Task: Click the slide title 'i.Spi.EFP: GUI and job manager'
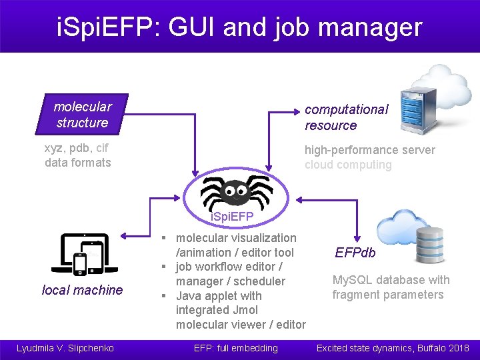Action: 239,27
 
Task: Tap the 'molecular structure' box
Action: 82,115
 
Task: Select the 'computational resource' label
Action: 346,117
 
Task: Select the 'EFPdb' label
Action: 355,253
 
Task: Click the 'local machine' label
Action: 82,290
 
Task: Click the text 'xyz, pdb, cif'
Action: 76,148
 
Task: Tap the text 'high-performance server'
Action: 369,150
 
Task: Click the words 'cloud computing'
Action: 348,165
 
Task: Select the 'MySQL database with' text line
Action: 391,280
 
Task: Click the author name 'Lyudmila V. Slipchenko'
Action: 65,348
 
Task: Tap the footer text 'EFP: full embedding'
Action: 235,348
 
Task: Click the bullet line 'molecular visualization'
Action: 236,238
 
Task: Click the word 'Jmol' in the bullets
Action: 245,310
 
